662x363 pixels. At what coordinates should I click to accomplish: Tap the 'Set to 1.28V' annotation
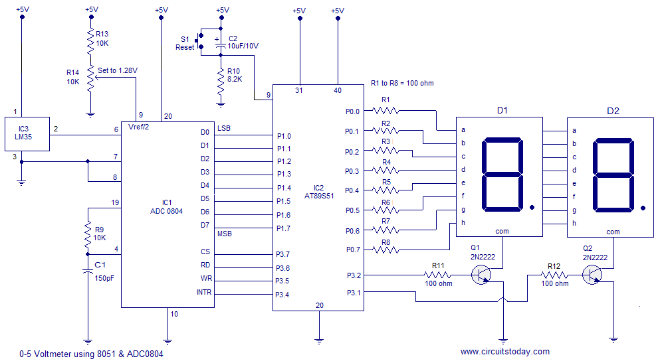pyautogui.click(x=122, y=70)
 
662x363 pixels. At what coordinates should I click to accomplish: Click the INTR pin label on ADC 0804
pyautogui.click(x=204, y=292)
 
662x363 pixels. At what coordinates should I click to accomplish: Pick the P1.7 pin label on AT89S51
pyautogui.click(x=284, y=228)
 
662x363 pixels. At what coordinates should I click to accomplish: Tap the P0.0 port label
pyautogui.click(x=352, y=111)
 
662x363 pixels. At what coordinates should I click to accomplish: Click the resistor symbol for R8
pyautogui.click(x=386, y=250)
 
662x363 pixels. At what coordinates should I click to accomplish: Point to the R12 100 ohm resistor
pyautogui.click(x=554, y=274)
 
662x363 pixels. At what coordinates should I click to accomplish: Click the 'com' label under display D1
pyautogui.click(x=502, y=232)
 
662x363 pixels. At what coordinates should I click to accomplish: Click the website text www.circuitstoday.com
pyautogui.click(x=504, y=351)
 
